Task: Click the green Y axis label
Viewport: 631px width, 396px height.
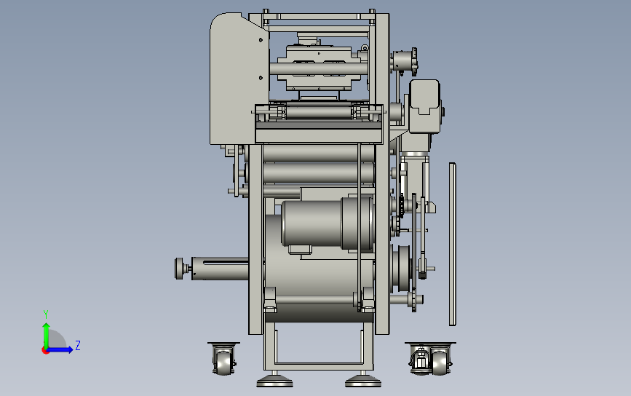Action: (46, 314)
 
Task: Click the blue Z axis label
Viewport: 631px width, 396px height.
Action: (78, 345)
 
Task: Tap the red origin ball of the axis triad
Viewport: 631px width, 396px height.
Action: (45, 351)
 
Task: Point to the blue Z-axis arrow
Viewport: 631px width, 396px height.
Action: (60, 349)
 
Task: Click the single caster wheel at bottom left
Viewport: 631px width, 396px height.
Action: (223, 359)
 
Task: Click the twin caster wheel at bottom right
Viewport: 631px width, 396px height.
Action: (430, 359)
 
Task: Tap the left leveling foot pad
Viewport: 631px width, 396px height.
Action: (275, 381)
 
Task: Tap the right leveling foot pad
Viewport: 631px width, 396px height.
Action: (363, 381)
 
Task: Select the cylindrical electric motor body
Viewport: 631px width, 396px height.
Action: (327, 223)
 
